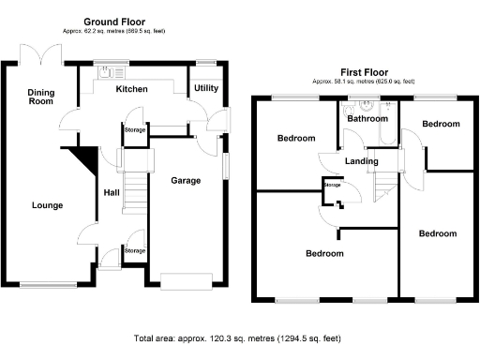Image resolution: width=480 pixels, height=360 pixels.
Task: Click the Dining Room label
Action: [x=40, y=97]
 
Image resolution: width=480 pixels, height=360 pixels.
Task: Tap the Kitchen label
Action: [x=132, y=89]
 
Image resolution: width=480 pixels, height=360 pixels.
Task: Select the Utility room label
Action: [x=205, y=88]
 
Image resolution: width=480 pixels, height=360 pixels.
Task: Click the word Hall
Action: [x=111, y=194]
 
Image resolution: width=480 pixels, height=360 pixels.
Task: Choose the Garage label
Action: [x=185, y=180]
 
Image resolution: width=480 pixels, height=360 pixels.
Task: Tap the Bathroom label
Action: [x=367, y=119]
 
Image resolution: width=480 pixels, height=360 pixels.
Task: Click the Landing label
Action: [x=362, y=161]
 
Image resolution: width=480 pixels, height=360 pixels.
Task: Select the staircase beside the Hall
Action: [x=136, y=192]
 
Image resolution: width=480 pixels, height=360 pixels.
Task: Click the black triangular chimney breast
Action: [x=86, y=159]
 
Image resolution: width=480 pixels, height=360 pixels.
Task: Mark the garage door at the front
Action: [x=185, y=279]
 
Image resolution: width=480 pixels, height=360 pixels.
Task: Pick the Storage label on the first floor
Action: [x=333, y=185]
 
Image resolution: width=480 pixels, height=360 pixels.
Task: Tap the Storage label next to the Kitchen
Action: [x=135, y=130]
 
